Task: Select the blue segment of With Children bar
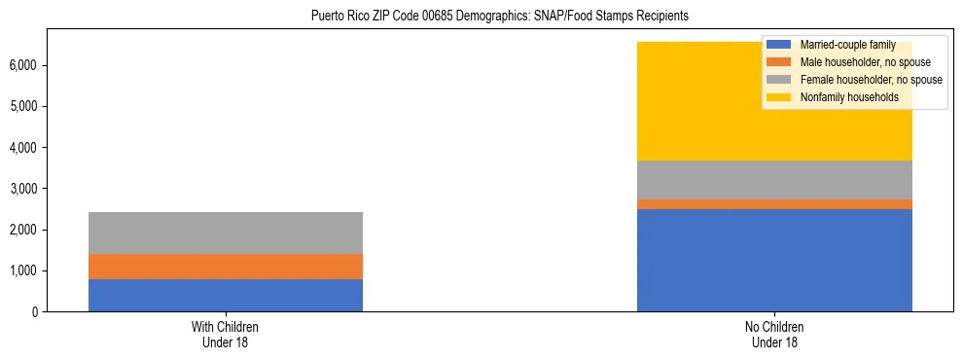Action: click(226, 295)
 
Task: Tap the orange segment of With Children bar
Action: click(226, 267)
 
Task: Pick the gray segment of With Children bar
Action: click(226, 233)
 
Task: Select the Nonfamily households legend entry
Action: click(842, 97)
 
